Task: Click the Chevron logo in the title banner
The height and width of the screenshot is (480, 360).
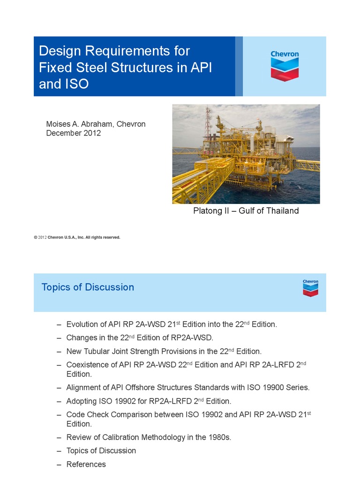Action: [285, 66]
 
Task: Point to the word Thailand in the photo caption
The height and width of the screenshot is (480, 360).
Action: [281, 211]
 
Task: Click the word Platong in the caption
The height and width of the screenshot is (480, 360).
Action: [208, 211]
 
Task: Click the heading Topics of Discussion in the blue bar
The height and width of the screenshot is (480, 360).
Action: [88, 287]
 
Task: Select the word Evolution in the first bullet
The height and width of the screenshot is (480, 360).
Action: [82, 324]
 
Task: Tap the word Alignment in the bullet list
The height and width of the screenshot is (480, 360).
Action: [84, 388]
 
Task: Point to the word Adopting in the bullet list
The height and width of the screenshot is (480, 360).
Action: [82, 401]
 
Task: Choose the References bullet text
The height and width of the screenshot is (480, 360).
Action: [86, 465]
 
